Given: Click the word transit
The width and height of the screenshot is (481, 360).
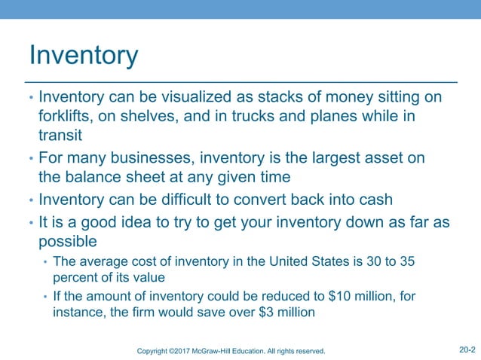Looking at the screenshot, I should pyautogui.click(x=60, y=136).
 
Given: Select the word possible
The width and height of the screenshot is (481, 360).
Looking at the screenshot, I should pyautogui.click(x=68, y=243).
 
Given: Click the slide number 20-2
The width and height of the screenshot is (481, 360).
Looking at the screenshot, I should pyautogui.click(x=466, y=349).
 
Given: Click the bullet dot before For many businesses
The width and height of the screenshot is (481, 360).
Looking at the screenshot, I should pyautogui.click(x=31, y=159).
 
